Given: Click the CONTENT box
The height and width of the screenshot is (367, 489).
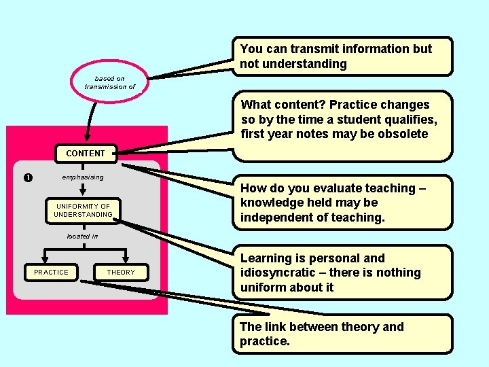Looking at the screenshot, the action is pyautogui.click(x=86, y=154).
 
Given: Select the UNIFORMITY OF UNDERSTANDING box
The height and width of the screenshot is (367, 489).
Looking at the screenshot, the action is pyautogui.click(x=83, y=211).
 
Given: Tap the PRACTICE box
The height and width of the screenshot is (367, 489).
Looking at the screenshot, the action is pyautogui.click(x=52, y=273).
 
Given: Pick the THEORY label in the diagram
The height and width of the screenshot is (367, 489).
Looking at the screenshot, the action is pyautogui.click(x=121, y=273).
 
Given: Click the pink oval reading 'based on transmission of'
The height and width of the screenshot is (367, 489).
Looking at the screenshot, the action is pyautogui.click(x=109, y=83).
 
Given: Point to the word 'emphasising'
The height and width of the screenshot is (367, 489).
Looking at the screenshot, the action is pyautogui.click(x=83, y=177).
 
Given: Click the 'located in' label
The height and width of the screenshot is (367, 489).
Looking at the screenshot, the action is pyautogui.click(x=82, y=237).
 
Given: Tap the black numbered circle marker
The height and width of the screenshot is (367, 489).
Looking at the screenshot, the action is pyautogui.click(x=27, y=178).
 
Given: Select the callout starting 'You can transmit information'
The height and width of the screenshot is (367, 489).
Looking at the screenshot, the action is pyautogui.click(x=345, y=56).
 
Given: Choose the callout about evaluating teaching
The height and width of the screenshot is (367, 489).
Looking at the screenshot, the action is pyautogui.click(x=345, y=203).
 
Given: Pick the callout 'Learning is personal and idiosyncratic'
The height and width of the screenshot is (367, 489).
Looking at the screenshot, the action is pyautogui.click(x=345, y=273).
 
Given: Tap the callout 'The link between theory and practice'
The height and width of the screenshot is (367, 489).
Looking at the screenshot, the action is pyautogui.click(x=342, y=334).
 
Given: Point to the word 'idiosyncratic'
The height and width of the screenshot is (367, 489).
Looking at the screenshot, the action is pyautogui.click(x=278, y=273).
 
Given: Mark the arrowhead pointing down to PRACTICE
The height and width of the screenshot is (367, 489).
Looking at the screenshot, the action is pyautogui.click(x=43, y=261).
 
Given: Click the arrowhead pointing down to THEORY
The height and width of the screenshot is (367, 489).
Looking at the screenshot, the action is pyautogui.click(x=120, y=261).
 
